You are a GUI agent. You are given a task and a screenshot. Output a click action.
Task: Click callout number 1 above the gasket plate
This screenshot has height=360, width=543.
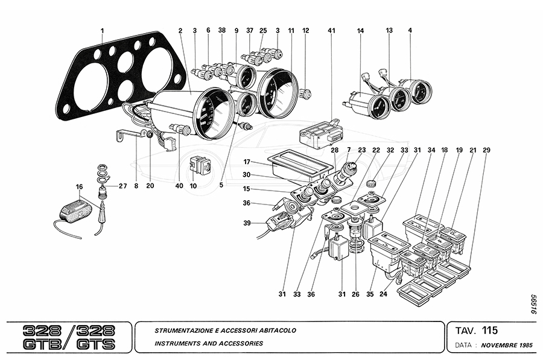coord(102,30)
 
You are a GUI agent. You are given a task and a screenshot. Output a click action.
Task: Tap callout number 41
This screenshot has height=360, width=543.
coord(331,30)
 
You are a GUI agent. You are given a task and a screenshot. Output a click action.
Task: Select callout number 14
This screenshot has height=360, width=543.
coord(361,30)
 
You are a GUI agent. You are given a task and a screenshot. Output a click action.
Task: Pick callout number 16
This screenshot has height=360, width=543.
coord(79,186)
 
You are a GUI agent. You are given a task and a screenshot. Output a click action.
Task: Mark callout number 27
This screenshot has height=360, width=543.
coord(122,186)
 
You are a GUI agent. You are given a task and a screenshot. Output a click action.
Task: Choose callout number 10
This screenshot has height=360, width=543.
coord(193,186)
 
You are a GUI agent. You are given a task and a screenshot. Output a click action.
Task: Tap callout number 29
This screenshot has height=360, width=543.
coord(487,150)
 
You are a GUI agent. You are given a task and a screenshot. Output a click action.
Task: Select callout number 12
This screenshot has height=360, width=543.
coord(306,30)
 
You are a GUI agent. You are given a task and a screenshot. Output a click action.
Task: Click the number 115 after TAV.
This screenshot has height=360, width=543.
coord(490,330)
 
